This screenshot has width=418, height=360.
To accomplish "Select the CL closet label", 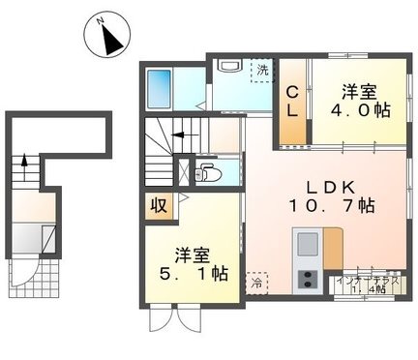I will [291, 101].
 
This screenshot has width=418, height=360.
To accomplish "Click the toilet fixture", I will [205, 173].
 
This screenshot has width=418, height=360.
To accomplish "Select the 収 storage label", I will [156, 206].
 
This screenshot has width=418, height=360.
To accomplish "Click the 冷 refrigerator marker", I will [256, 284].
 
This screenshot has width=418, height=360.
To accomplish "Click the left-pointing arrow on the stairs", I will [181, 135].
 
